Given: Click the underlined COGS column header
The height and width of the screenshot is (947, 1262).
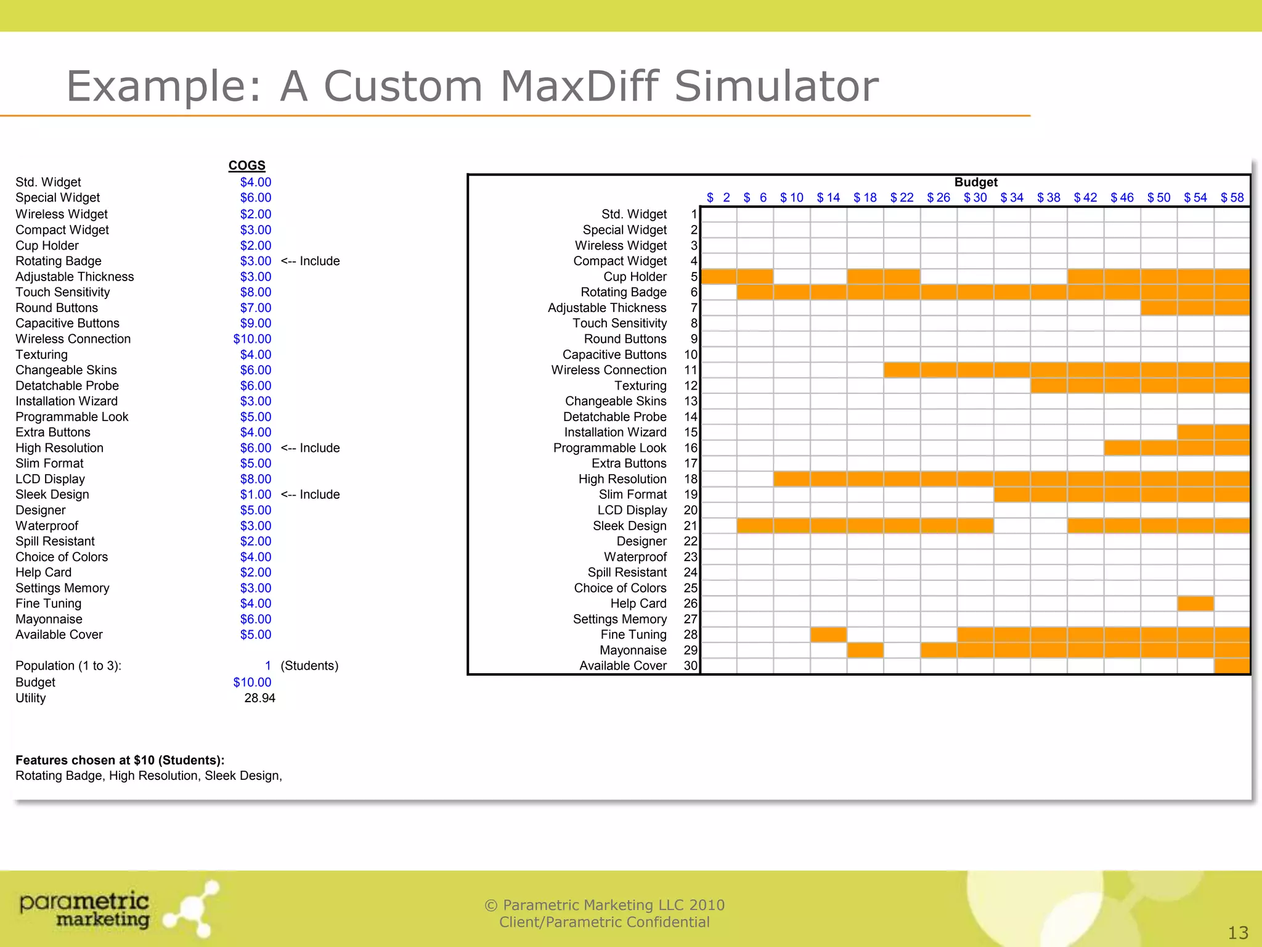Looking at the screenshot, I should click(246, 165).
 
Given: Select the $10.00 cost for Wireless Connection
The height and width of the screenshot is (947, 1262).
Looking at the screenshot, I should click(252, 338).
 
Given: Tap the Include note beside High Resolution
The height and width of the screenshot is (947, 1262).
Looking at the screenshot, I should click(310, 448).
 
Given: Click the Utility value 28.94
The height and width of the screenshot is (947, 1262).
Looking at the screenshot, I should click(259, 698).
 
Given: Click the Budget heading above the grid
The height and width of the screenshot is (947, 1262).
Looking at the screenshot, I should click(975, 182).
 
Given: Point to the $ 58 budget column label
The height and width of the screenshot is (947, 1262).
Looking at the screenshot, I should click(1232, 197).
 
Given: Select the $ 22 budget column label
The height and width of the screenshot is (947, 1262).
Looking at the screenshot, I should click(902, 197).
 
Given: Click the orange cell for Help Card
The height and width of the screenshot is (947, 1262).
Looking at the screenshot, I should click(1195, 603).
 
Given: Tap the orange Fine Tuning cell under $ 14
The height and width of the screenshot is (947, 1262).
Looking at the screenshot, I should click(828, 634).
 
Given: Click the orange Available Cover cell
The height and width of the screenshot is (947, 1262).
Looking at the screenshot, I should click(1232, 666).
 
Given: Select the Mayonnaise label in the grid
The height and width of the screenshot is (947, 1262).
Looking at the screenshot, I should click(633, 650).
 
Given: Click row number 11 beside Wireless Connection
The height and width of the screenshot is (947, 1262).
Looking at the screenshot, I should click(690, 370).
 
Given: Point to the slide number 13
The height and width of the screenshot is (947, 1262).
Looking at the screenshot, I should click(1238, 933).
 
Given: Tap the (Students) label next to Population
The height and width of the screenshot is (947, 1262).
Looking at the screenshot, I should click(309, 666).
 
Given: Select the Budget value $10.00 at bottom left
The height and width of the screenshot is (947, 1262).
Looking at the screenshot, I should click(252, 682).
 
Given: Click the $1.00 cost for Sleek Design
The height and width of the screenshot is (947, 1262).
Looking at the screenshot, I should click(256, 494).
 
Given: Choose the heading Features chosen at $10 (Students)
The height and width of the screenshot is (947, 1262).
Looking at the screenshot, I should click(120, 760).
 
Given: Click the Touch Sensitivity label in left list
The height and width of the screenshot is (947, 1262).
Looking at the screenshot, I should click(63, 292).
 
